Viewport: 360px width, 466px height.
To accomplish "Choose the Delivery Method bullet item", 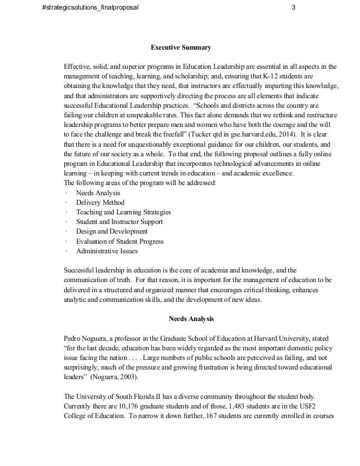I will coord(100,203).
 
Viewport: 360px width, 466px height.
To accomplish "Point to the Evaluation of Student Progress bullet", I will coord(120,241).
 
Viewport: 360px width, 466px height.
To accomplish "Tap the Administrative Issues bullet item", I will coord(106,251).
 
